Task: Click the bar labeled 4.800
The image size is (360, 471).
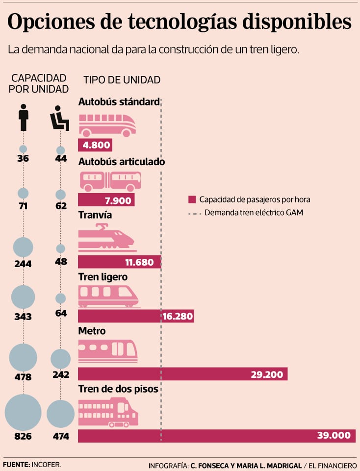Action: tap(95, 145)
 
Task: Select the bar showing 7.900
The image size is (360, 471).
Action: tap(106, 200)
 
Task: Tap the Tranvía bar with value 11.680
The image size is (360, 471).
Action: tap(120, 262)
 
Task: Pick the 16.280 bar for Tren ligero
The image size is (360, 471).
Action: tap(136, 316)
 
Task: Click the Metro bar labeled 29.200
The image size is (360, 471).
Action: tap(182, 374)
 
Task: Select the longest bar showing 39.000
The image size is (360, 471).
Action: tap(216, 436)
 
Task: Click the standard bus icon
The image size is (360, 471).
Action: tap(107, 125)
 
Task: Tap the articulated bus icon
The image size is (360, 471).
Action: tap(110, 181)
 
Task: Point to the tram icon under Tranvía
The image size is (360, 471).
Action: tap(106, 238)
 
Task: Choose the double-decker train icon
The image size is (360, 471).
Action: tap(108, 412)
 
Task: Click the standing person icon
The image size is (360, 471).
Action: tap(23, 117)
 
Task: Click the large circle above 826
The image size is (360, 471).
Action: tap(23, 412)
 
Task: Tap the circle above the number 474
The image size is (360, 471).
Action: tap(60, 413)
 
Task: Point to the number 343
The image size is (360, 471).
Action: tap(23, 317)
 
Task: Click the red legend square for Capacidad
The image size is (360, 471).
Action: tap(192, 199)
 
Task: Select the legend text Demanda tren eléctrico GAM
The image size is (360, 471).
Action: tap(254, 213)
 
